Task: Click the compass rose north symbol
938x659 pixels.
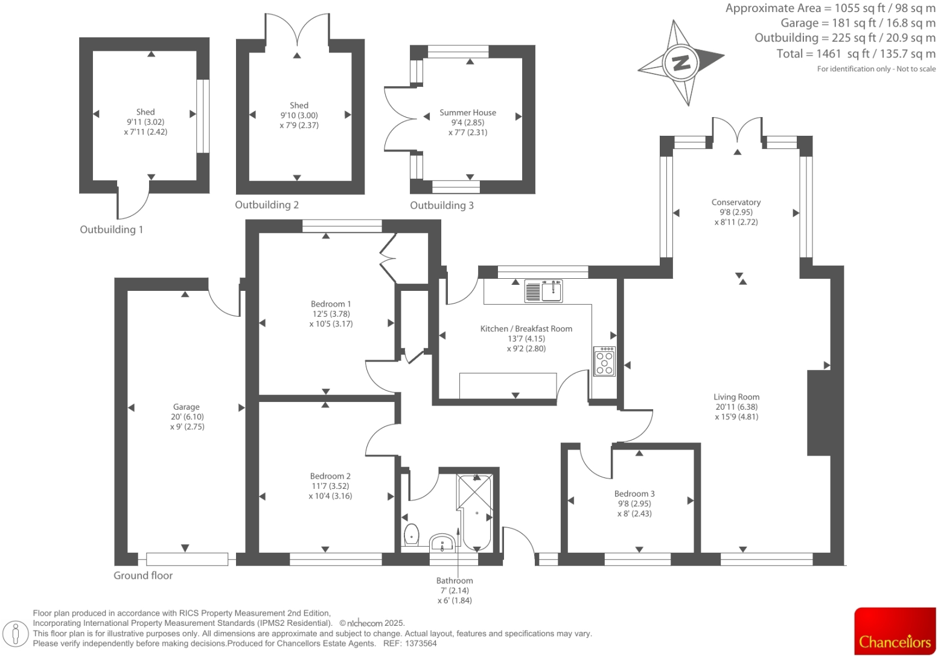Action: point(681,62)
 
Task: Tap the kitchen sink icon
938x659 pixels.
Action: point(544,291)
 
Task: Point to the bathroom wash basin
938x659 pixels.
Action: point(444,543)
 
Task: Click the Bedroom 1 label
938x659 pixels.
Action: point(331,304)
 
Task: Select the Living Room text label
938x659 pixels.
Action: point(736,397)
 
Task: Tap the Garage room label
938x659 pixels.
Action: point(186,407)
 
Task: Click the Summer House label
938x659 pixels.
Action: point(468,112)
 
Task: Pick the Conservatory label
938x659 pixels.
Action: point(736,202)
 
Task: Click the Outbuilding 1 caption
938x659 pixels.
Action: point(112,229)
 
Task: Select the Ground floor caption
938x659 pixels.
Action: point(143,576)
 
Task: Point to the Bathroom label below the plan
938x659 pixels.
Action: point(455,581)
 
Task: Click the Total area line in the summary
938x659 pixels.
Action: point(855,54)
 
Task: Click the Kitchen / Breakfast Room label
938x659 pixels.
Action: point(526,329)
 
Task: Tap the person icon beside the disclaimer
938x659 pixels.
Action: point(16,634)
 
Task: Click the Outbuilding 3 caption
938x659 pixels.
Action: point(442,205)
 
